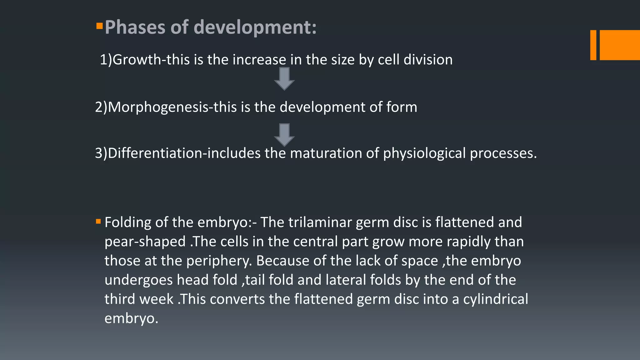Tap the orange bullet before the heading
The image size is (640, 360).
[99, 26]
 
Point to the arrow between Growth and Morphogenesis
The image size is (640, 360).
[284, 79]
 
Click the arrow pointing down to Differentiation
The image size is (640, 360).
[284, 135]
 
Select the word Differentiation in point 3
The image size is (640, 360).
[155, 153]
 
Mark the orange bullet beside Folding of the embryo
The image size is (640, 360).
[98, 222]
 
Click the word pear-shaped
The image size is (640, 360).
[145, 242]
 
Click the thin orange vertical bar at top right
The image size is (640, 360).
[593, 45]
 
